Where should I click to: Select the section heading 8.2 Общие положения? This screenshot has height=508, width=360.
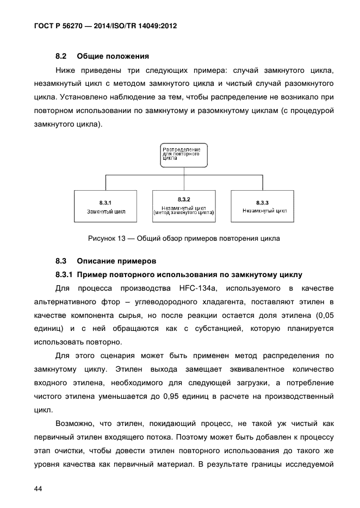point(102,56)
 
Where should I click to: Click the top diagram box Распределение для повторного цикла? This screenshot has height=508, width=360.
point(182,154)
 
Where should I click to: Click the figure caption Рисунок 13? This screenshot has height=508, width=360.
point(184,238)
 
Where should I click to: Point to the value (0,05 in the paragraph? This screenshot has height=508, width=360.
point(320,315)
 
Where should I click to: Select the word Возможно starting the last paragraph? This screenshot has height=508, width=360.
point(75,424)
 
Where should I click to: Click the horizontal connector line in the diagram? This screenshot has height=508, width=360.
point(184,175)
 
